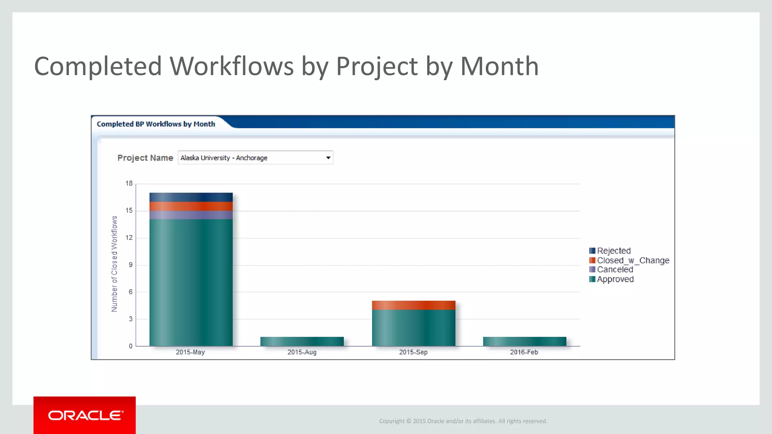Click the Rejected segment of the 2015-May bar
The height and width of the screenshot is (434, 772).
point(191,197)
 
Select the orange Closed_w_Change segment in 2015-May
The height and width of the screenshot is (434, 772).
point(191,206)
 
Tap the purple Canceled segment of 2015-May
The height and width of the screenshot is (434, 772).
point(191,215)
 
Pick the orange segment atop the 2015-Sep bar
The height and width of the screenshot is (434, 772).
point(414,305)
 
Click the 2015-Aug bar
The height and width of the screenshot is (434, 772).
point(302,341)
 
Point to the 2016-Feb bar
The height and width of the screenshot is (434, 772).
point(524,341)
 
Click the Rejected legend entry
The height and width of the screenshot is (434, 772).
point(613,251)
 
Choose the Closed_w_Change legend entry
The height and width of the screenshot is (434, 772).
point(633,260)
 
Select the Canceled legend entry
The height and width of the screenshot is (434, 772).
point(614,270)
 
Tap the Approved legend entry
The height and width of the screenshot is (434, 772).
point(615,279)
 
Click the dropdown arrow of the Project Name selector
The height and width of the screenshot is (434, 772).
point(328,158)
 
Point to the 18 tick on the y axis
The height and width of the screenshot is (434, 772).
point(129,183)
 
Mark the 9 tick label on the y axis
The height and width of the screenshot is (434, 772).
point(130,265)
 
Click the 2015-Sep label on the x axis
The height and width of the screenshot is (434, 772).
point(413,352)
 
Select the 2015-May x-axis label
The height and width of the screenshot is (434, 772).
point(190,352)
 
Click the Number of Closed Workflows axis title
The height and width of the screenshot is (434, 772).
point(114,264)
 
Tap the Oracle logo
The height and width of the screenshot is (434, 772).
point(85,415)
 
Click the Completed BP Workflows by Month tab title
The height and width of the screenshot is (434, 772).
point(156,124)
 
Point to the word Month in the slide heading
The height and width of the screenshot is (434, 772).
point(499,66)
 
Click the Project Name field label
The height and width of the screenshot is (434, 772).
point(145,158)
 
